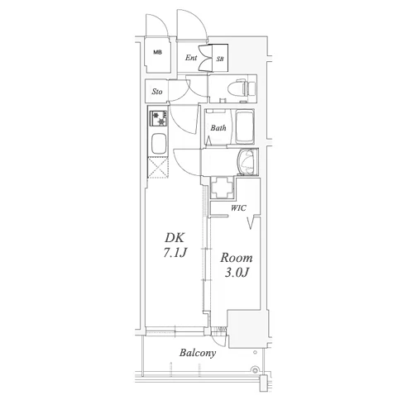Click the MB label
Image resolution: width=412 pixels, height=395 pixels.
(x=158, y=52)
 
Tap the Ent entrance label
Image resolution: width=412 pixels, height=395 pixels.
(x=191, y=58)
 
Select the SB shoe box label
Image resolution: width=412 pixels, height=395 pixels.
(x=220, y=59)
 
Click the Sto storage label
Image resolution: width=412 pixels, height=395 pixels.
(x=157, y=92)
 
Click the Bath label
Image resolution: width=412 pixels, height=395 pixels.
(x=218, y=127)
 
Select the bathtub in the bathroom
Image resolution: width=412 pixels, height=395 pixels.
(x=245, y=127)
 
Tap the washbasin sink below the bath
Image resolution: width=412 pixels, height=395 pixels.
(x=248, y=162)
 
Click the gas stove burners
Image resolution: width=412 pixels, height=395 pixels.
(x=158, y=118)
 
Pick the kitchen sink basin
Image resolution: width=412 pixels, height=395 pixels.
(x=159, y=143)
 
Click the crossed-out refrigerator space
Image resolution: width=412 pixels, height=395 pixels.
(x=158, y=168)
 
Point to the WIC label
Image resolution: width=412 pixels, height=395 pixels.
(x=238, y=208)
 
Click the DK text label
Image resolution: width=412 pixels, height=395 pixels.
(x=175, y=237)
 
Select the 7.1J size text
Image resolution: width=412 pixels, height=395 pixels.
(x=175, y=253)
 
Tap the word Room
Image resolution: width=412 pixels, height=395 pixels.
(x=237, y=258)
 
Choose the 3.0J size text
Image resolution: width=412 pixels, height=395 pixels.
(x=237, y=273)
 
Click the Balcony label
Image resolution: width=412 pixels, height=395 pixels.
(x=198, y=353)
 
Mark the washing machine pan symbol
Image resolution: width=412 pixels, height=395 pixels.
(x=222, y=188)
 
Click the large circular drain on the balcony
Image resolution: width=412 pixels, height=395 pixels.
(x=255, y=369)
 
